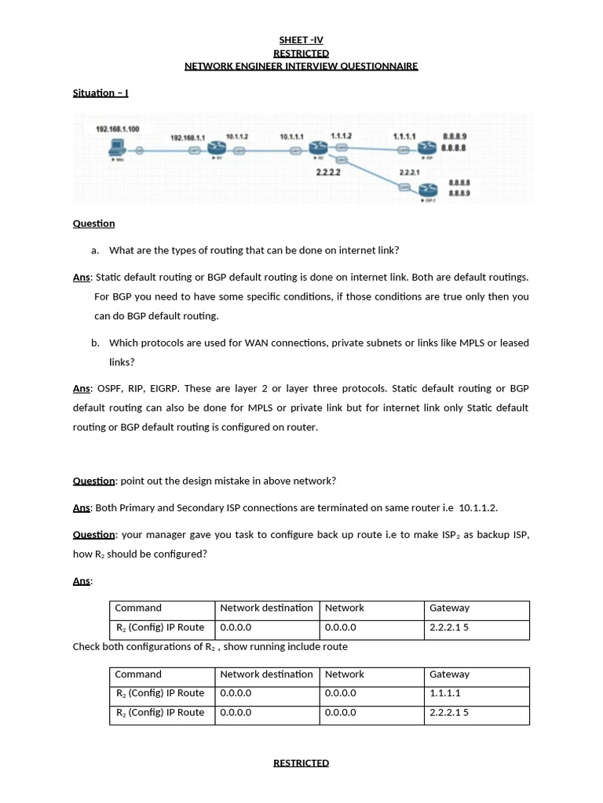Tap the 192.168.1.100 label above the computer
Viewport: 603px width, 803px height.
(x=118, y=129)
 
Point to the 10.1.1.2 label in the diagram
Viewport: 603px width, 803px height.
(x=237, y=136)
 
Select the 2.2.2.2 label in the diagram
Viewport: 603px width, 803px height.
(x=327, y=171)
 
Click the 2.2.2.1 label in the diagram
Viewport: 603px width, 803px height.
(x=410, y=171)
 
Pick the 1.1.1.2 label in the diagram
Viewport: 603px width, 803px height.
(x=341, y=136)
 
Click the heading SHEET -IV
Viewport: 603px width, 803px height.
(x=301, y=40)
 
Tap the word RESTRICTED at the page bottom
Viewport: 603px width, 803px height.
(x=301, y=762)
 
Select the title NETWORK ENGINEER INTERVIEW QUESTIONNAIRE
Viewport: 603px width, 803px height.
(x=301, y=66)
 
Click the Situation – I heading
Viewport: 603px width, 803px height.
(x=100, y=93)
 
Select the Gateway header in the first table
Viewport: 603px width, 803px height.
(x=449, y=608)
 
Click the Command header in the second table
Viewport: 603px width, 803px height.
(x=138, y=674)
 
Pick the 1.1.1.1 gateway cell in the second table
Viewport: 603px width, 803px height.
(x=445, y=693)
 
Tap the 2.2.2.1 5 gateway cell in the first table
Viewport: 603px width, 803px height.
(x=449, y=627)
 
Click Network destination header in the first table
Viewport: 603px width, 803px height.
(x=266, y=608)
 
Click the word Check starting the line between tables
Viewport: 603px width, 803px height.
(x=87, y=646)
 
